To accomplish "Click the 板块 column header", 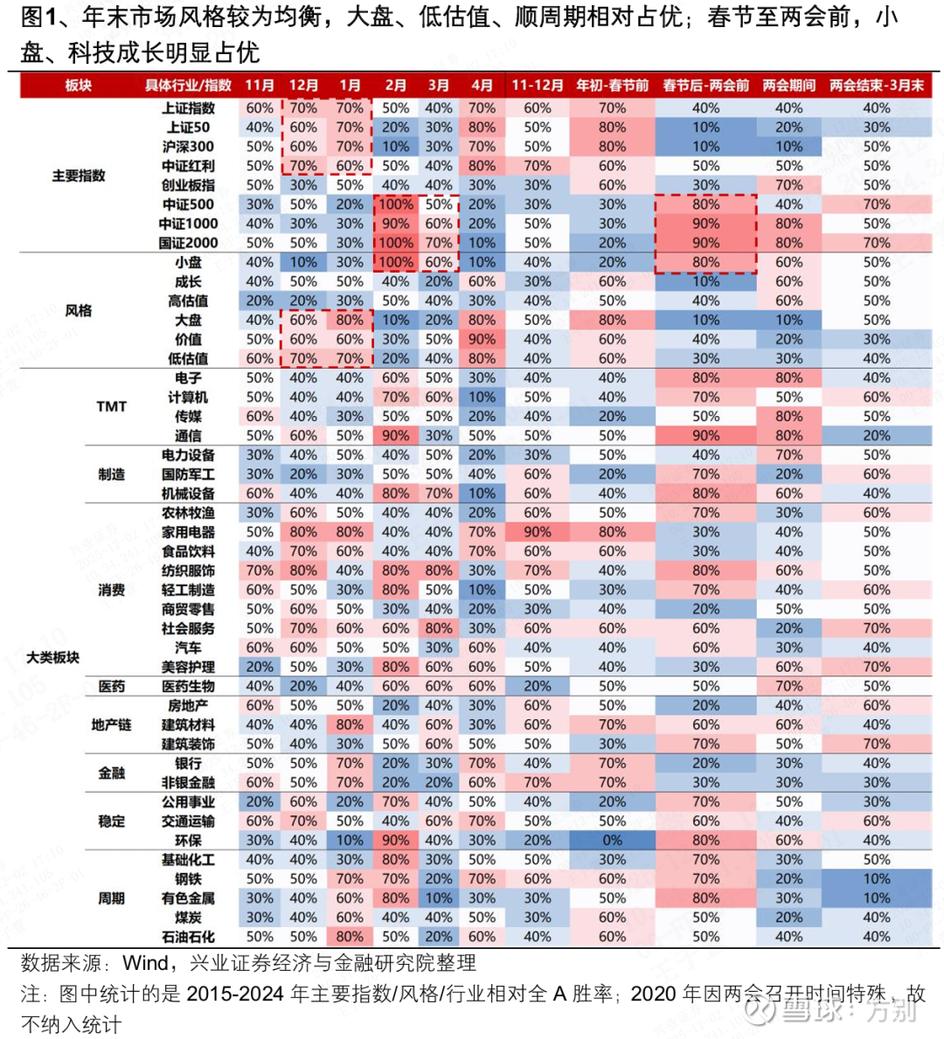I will coord(78,85).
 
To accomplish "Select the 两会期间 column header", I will coord(788,85).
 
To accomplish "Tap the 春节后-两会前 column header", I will coord(705,85).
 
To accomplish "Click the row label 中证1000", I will coord(188,224).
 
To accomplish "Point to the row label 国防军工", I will coord(188,474).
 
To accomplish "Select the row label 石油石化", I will coord(188,937).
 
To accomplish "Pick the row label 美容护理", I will coord(188,667).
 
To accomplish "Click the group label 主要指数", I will coord(78,176).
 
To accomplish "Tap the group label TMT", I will coord(111,406).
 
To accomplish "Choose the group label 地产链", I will coord(111,725).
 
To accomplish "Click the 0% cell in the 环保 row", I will coord(612,841).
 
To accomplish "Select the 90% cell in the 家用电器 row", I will coord(537,532).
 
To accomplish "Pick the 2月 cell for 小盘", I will coord(395,262).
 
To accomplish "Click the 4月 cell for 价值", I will coord(482,339).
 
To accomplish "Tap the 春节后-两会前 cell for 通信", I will coord(705,436).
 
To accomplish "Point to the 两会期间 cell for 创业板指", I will coord(788,185).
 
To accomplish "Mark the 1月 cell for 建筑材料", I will coord(350,725).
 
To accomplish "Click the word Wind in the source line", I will coord(145,963).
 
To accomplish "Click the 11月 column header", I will coord(260,85).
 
